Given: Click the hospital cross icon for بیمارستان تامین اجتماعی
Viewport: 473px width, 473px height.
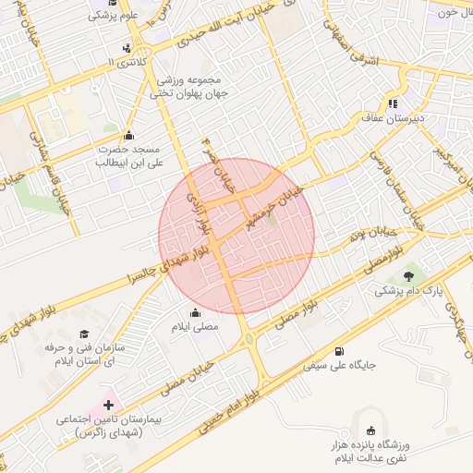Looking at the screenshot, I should [109, 405].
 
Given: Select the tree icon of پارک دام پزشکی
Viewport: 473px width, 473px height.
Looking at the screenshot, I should [408, 275].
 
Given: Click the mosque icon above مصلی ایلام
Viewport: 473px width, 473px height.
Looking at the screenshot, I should [194, 312].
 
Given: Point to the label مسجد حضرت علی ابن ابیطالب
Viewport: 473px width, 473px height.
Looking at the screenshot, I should [128, 154].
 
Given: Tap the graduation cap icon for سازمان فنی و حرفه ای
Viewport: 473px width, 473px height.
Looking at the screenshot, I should [84, 334].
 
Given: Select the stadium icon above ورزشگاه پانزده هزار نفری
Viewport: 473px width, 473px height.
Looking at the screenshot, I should [370, 430].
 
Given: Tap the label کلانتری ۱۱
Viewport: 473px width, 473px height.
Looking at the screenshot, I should [126, 61].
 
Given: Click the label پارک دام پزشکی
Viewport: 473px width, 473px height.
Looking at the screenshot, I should [407, 290].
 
